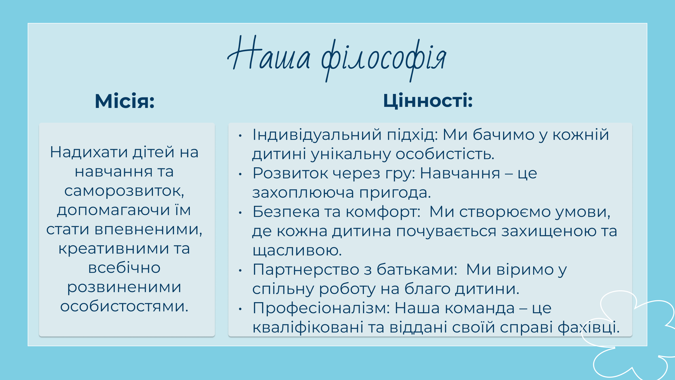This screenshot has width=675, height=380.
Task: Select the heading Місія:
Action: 124,101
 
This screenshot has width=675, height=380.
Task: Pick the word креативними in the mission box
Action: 113,249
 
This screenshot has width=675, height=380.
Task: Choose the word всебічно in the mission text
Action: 124,268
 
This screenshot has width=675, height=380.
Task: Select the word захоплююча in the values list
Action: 303,193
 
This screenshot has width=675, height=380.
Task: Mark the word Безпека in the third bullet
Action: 286,212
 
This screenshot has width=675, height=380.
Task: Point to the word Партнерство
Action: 306,270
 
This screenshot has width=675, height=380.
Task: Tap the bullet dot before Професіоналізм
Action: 240,309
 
